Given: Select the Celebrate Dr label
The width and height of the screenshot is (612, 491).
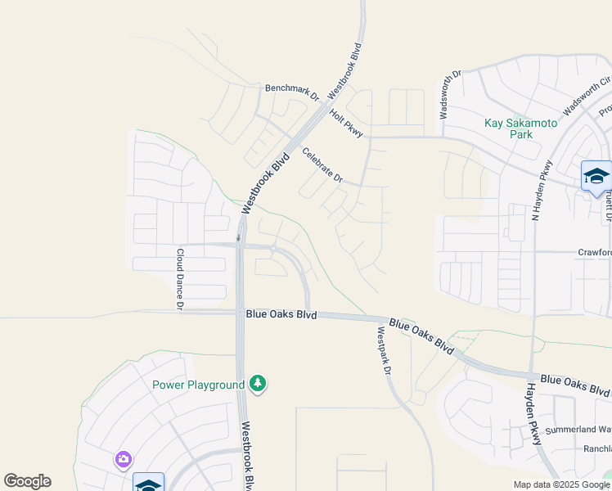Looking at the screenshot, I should point(322,164).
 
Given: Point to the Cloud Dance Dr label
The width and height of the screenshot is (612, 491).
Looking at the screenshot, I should point(180,279).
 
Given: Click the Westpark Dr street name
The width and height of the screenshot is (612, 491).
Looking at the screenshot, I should point(382,351).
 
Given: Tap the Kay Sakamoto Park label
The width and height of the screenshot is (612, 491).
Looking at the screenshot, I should point(520,128).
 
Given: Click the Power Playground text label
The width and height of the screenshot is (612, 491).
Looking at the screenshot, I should point(198,385).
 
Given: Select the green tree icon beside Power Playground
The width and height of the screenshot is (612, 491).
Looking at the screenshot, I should point(258,384).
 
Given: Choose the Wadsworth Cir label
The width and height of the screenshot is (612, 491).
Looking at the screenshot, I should point(587,95).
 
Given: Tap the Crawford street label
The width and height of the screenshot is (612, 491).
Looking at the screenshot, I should point(595,253).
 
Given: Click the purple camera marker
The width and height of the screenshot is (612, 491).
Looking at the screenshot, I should point(123,460).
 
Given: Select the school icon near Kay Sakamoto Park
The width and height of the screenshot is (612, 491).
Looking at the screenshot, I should point(596,176).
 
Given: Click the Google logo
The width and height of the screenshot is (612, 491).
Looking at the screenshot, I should point(27,481).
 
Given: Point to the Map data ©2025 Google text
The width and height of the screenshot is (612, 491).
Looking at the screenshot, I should point(560,484).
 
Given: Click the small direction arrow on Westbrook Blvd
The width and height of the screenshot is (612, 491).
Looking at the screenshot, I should point(238,238).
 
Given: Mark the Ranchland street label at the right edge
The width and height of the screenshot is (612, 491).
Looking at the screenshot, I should point(596,449).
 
